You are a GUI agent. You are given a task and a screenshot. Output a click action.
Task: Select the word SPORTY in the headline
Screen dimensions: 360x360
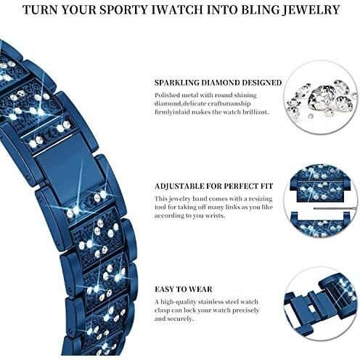coord(123,10)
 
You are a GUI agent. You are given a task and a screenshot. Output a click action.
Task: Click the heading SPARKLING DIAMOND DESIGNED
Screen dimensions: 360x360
coord(218,83)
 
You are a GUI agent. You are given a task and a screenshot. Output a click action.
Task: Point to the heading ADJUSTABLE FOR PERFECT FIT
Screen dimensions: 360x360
coord(214,186)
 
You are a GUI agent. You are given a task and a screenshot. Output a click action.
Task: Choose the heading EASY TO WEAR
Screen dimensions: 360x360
coord(184,290)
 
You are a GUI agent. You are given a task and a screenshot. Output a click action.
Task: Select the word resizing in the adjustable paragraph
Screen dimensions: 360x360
coord(261,199)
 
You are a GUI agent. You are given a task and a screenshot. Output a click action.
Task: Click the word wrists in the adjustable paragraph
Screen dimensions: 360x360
coord(215,216)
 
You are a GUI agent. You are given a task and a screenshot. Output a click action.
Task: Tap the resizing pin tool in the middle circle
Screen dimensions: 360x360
coord(335,208)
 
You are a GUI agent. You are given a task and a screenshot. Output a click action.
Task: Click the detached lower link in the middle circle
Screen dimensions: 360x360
coord(321,224)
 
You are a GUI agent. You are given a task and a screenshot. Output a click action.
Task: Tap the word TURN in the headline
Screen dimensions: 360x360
coord(39,10)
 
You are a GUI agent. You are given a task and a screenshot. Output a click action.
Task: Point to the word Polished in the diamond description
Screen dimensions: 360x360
coord(167,96)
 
